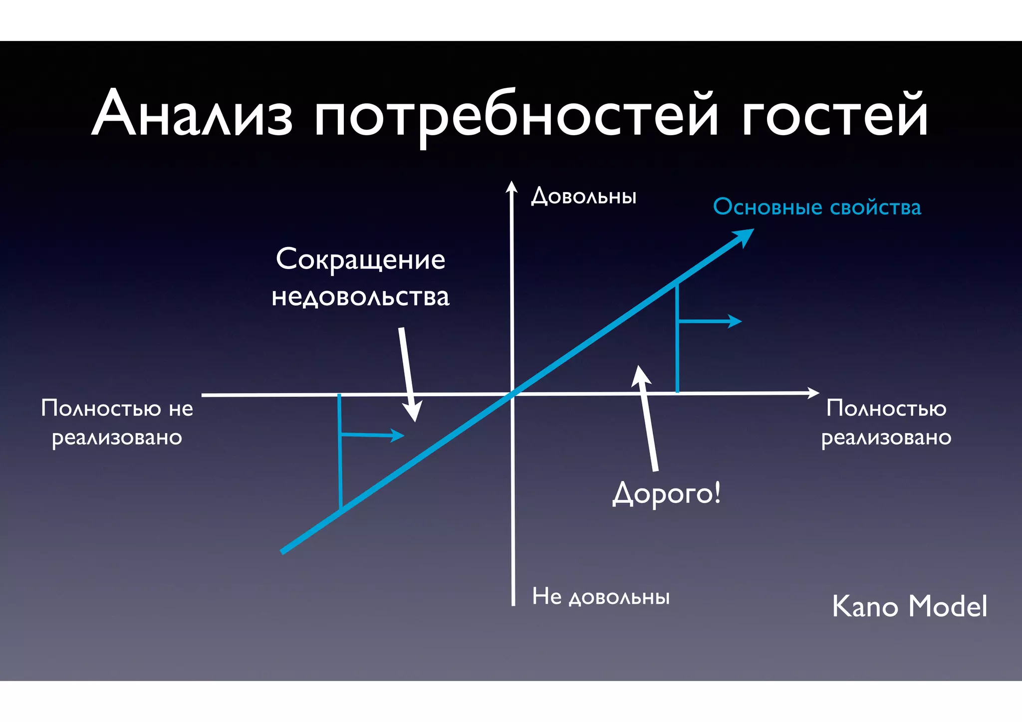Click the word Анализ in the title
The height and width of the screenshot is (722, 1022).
pos(192,113)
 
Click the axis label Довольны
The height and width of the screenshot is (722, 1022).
pos(583,196)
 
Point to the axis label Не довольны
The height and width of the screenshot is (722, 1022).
pos(601,597)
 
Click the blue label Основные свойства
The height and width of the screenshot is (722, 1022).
pos(817,207)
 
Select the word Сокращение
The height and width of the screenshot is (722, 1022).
pos(360,260)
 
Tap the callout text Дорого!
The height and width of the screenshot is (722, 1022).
pos(666,494)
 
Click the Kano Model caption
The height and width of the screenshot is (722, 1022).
pos(909,606)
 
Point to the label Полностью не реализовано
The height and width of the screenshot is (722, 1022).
pos(117,422)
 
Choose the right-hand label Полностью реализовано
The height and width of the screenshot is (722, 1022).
pos(886,422)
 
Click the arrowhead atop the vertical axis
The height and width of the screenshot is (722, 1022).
pos(511,187)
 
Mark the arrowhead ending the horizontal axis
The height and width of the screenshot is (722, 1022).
pos(813,393)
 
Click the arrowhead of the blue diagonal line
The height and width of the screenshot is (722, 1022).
pos(744,236)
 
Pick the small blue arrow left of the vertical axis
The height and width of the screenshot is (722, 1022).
pos(397,435)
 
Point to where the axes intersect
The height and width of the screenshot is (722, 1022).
pos(512,394)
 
